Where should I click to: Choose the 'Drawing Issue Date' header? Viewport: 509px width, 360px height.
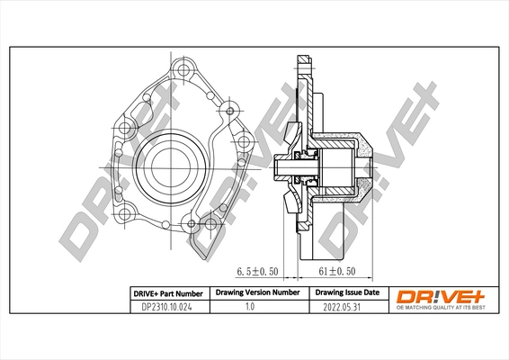click(x=347, y=293)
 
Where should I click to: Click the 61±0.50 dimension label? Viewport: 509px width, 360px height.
click(x=339, y=270)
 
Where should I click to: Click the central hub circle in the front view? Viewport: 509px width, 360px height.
click(x=168, y=164)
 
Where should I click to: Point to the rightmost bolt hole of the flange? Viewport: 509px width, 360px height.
click(x=240, y=140)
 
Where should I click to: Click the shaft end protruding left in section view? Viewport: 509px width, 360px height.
click(x=281, y=165)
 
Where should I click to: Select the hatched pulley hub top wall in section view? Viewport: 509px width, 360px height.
click(x=342, y=142)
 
